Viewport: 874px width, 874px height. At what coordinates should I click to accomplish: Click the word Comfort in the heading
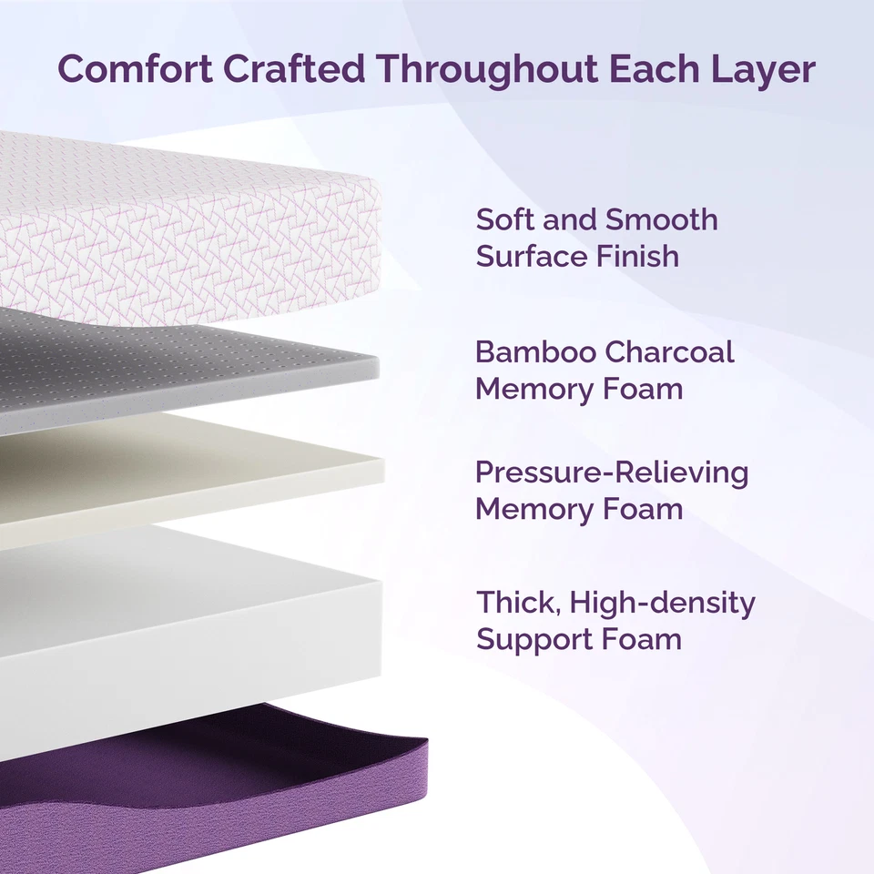point(127,69)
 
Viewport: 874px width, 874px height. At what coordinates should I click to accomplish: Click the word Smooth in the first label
point(662,219)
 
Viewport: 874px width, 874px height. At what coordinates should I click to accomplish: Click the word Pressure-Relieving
point(612,473)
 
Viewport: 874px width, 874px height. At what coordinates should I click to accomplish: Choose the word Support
point(523,640)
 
